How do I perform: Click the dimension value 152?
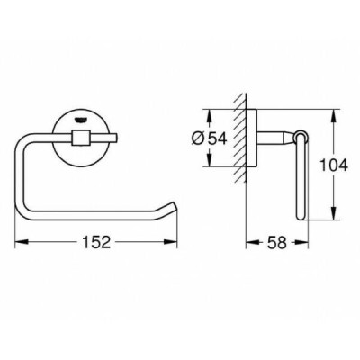[x=96, y=242]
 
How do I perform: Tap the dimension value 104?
[x=333, y=165]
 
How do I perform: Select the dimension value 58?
[x=276, y=242]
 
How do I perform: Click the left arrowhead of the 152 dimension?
[x=22, y=242]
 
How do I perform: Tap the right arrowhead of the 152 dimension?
[x=170, y=242]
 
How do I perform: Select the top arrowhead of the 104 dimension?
[x=333, y=116]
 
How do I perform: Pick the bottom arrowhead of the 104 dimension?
[x=333, y=213]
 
